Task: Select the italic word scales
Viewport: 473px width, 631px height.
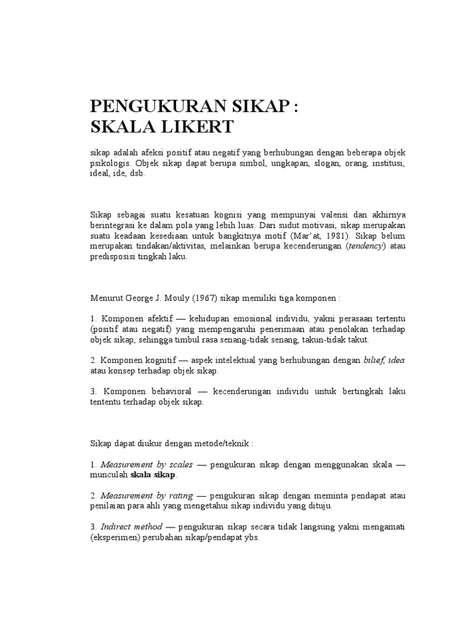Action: coord(179,464)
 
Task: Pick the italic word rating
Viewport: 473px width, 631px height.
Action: coord(179,495)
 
